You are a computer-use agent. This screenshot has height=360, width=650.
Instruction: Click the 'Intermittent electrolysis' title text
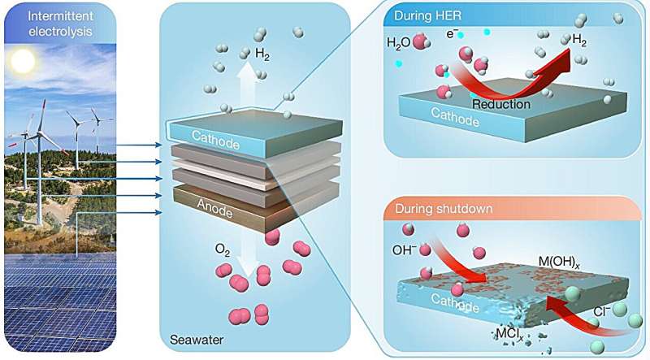pos(58,23)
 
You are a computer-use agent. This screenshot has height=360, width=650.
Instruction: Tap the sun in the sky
pos(24,60)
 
